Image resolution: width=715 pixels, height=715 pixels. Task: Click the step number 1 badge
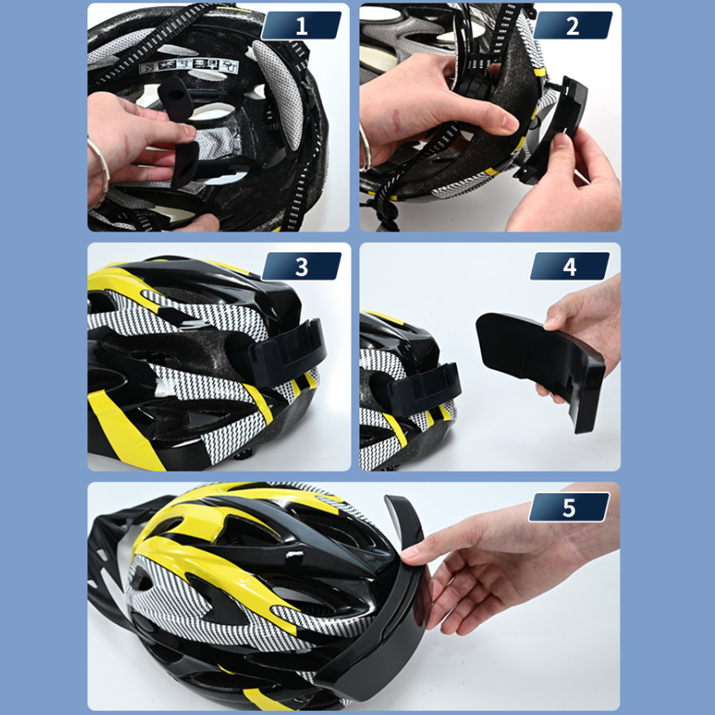click(x=301, y=25)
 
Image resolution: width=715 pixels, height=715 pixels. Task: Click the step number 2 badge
click(x=573, y=25)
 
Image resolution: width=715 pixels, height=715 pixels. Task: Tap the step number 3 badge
click(x=301, y=267)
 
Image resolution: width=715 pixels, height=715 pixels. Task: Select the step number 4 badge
click(x=569, y=267)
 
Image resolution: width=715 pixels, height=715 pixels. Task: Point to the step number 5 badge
click(x=569, y=507)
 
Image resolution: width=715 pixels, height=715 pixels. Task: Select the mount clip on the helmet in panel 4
click(x=424, y=384)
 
